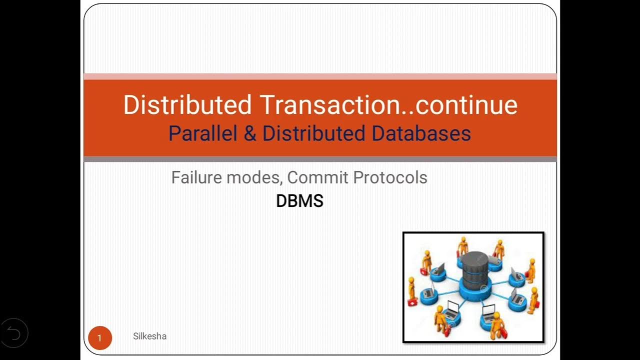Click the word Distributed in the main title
[x=187, y=105]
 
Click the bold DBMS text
[x=299, y=201]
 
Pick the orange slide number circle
[x=99, y=338]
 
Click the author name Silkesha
[x=149, y=336]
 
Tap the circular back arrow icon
[x=14, y=332]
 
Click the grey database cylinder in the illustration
[x=474, y=267]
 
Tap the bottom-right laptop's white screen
[x=488, y=310]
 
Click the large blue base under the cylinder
[x=473, y=291]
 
